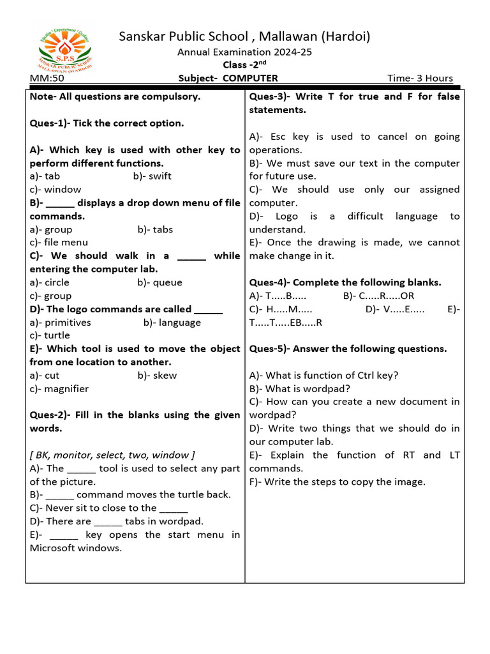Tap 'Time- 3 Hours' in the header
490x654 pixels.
420,79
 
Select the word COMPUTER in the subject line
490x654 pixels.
250,79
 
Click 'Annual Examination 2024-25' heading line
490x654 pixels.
244,52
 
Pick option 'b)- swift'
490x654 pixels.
152,176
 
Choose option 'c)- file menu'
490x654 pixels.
59,243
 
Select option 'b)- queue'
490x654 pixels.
160,282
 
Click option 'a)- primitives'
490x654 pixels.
61,323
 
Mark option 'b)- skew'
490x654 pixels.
157,376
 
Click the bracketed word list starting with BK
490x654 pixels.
112,455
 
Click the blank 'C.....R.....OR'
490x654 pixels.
378,296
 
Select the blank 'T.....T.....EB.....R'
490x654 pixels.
286,323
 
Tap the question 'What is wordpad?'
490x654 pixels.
300,389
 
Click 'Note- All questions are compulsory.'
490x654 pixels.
115,96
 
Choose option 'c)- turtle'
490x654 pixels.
50,336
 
